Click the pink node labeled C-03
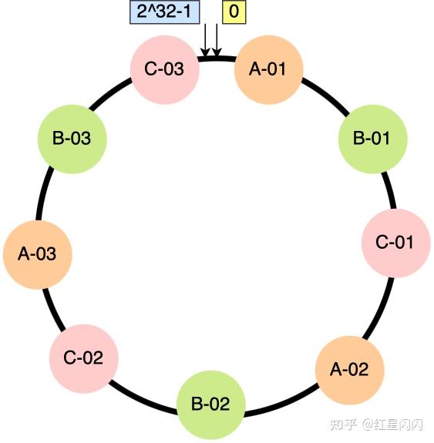[164, 69]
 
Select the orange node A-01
[268, 69]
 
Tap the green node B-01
[371, 139]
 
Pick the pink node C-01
[395, 242]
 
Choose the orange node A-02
[349, 368]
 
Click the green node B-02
[210, 404]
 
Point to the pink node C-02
[83, 357]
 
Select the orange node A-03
[36, 253]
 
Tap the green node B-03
[71, 139]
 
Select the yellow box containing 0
[234, 13]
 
